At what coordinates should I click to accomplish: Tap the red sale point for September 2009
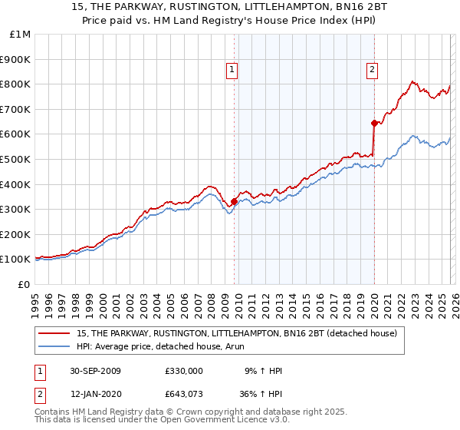coord(234,202)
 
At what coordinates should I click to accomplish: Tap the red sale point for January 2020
coord(373,123)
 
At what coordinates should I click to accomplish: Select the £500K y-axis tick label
coord(17,160)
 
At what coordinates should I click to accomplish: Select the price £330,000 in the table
coord(184,371)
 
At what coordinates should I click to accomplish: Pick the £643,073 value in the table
coord(184,394)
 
